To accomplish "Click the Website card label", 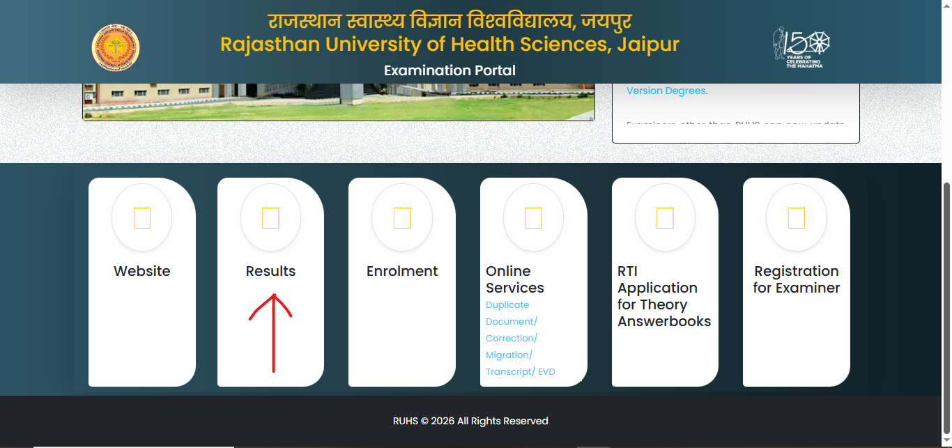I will pyautogui.click(x=142, y=271).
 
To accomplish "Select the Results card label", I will pyautogui.click(x=270, y=271).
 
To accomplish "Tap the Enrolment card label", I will pyautogui.click(x=402, y=271).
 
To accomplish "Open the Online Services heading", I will pyautogui.click(x=515, y=279).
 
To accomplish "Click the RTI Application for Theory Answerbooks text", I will pyautogui.click(x=664, y=296).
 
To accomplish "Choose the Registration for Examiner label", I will pyautogui.click(x=797, y=279).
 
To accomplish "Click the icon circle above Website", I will pyautogui.click(x=141, y=218).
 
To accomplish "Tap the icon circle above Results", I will pyautogui.click(x=270, y=218).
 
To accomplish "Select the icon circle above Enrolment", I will pyautogui.click(x=402, y=218).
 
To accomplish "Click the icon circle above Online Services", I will pyautogui.click(x=533, y=218).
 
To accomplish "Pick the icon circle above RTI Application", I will pyautogui.click(x=665, y=218).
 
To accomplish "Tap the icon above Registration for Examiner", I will pyautogui.click(x=796, y=218).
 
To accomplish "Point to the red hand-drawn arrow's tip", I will pyautogui.click(x=272, y=295).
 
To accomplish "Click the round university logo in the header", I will pyautogui.click(x=116, y=48).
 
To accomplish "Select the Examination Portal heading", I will pyautogui.click(x=450, y=70).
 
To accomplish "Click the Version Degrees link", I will pyautogui.click(x=666, y=91).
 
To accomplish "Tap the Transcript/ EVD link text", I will pyautogui.click(x=521, y=371).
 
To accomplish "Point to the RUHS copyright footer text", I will pyautogui.click(x=470, y=421).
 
